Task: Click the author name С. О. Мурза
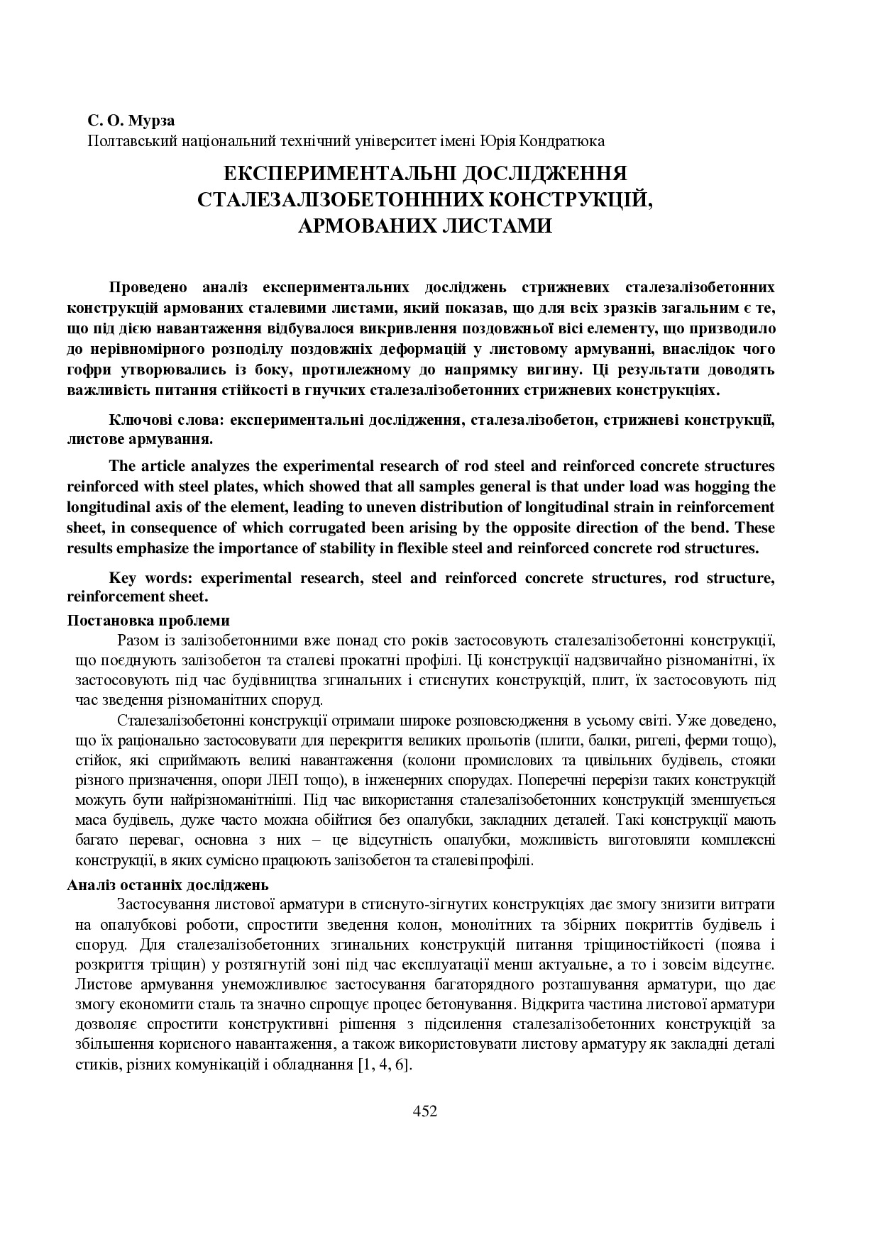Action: pyautogui.click(x=131, y=121)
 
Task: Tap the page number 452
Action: pyautogui.click(x=424, y=1111)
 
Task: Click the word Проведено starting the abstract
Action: pyautogui.click(x=148, y=287)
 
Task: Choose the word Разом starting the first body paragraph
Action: pyautogui.click(x=138, y=640)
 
